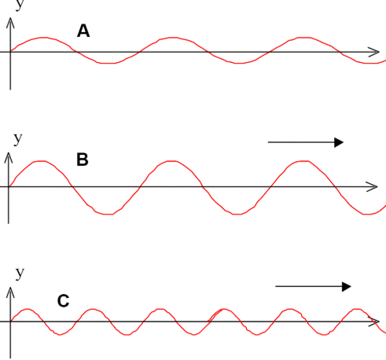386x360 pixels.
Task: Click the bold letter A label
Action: (x=83, y=31)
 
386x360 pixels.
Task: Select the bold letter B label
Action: (x=83, y=160)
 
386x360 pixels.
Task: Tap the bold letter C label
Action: (x=63, y=301)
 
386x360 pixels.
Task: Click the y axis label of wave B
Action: (x=17, y=138)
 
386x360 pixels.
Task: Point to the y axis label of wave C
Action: (x=20, y=273)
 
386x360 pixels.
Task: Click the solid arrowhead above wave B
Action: (x=339, y=142)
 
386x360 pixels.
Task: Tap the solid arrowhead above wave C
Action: (x=347, y=286)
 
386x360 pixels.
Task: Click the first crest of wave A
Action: (x=43, y=38)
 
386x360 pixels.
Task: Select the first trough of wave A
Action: (x=106, y=63)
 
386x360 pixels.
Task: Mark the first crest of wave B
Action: (x=42, y=161)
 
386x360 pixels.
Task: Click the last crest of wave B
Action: (x=303, y=161)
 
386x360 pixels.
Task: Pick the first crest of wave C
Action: (x=28, y=309)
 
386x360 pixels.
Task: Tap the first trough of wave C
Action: (x=60, y=334)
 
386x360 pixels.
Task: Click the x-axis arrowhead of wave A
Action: (x=375, y=52)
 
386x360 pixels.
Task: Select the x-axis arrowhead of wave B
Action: (x=373, y=186)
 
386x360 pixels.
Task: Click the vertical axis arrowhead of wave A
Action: (x=10, y=22)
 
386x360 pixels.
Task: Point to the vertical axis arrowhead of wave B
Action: (x=9, y=157)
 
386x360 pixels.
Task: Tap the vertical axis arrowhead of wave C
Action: (x=10, y=292)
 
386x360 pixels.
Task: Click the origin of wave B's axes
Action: (x=9, y=186)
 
